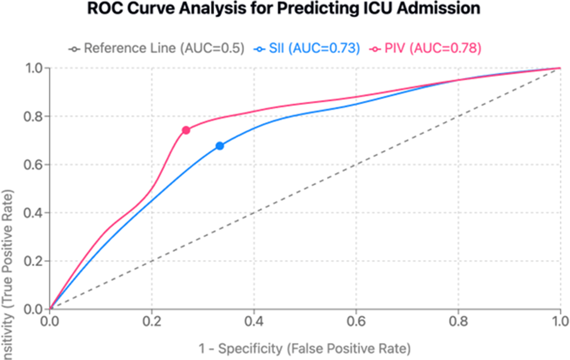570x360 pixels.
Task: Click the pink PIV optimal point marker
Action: (x=186, y=130)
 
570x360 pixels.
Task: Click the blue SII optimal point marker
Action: (x=219, y=146)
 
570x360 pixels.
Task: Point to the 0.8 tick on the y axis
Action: (x=35, y=117)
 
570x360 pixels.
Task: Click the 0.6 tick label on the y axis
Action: (x=35, y=165)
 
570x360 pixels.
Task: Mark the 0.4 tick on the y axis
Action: (x=35, y=213)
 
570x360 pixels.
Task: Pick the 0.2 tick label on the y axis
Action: (x=35, y=261)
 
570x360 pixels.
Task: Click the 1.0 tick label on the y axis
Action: (x=35, y=68)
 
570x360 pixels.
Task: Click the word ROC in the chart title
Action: (x=104, y=9)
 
